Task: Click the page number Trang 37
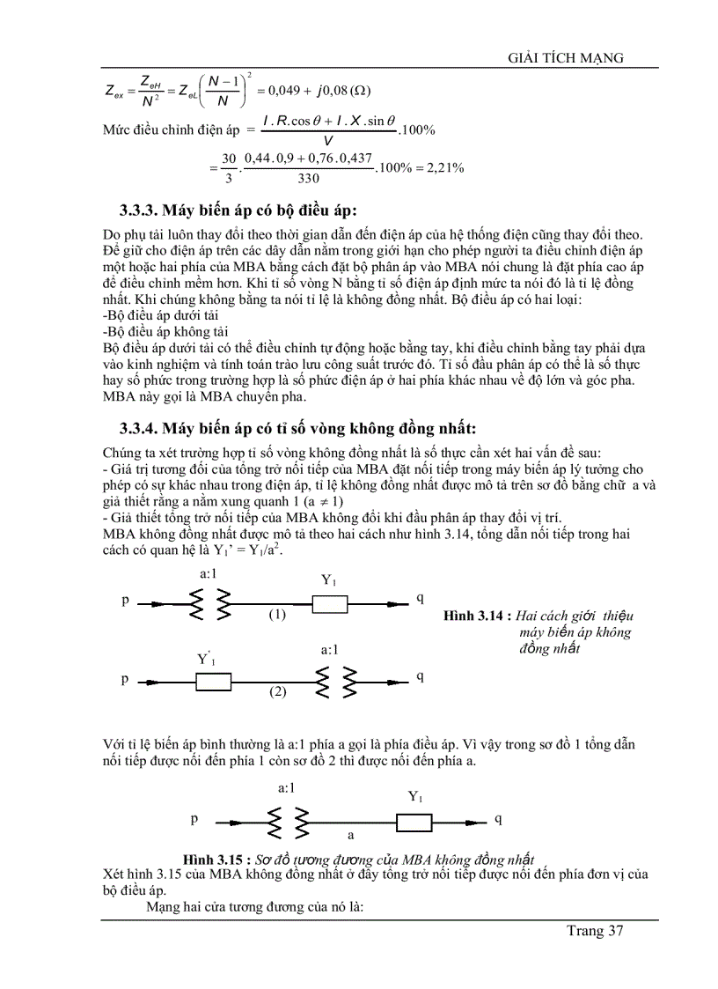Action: point(596,931)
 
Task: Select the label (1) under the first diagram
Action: point(278,615)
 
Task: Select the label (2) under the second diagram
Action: point(278,692)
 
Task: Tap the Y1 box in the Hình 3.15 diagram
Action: point(414,822)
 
